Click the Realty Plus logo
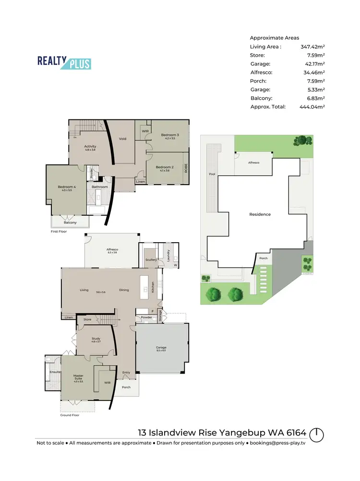click(64, 62)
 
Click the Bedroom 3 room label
click(170, 135)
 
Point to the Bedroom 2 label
click(164, 167)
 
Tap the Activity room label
click(90, 146)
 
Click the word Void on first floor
click(122, 139)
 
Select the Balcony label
click(70, 223)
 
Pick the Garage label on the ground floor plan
click(160, 347)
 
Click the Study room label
click(96, 339)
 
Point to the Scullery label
click(151, 260)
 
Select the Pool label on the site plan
click(212, 175)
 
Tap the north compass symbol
click(316, 435)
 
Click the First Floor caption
click(59, 231)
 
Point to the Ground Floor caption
click(69, 415)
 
